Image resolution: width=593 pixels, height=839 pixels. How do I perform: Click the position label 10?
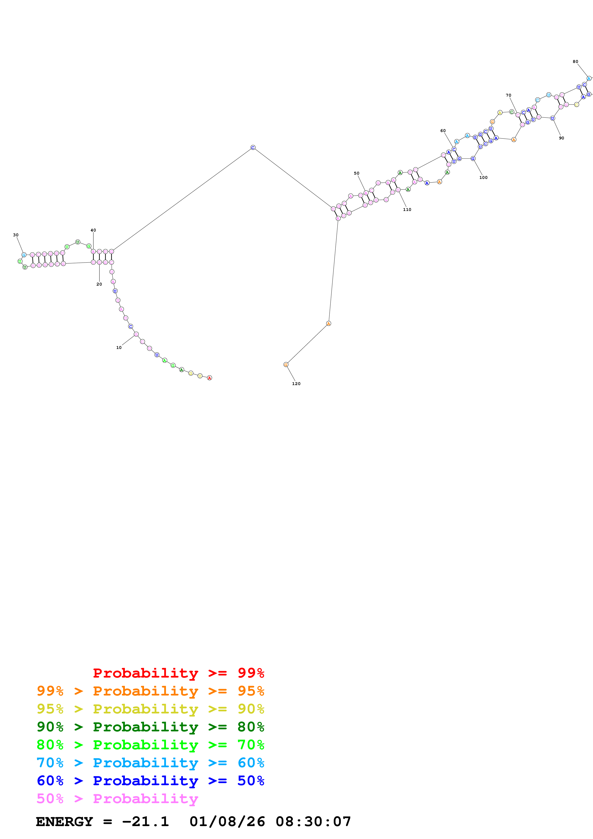click(119, 348)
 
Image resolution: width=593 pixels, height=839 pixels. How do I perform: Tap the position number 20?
click(99, 284)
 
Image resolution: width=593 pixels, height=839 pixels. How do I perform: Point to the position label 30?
click(16, 235)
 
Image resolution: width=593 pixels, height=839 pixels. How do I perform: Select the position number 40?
click(93, 230)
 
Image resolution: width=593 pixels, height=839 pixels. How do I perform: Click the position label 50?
click(357, 173)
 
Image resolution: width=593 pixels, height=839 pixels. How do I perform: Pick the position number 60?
click(443, 130)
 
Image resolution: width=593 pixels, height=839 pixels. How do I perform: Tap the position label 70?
click(508, 95)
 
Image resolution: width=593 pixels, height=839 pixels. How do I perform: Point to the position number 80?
click(576, 61)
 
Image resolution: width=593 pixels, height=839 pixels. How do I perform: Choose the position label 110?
click(407, 209)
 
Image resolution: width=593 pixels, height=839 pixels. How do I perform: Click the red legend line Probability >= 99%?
click(178, 673)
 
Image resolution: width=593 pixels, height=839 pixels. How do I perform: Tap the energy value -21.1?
click(145, 822)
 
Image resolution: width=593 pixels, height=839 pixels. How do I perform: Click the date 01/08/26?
click(227, 822)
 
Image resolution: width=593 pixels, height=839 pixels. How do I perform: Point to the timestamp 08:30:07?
click(313, 822)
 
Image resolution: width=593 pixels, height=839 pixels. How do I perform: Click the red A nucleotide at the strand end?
click(209, 378)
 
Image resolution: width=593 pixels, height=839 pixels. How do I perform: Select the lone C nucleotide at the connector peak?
click(253, 148)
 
